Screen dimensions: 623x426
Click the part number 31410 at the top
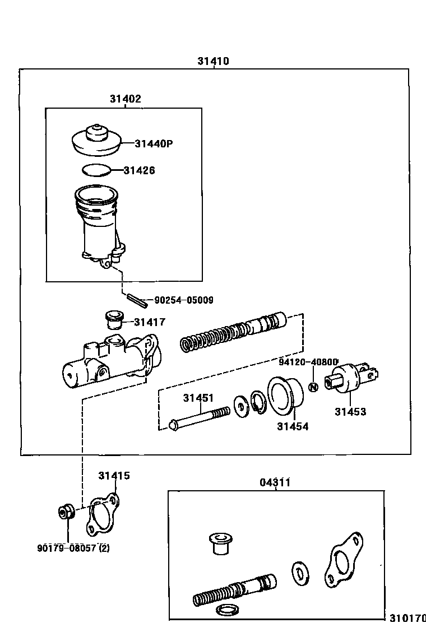[x=212, y=61]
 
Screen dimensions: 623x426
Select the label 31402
[x=125, y=99]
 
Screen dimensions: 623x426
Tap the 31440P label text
[x=153, y=143]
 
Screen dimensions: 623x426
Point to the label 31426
[x=139, y=170]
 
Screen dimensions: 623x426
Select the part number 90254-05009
[x=183, y=300]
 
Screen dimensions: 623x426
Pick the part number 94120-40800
[x=309, y=362]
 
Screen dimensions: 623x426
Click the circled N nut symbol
[x=313, y=387]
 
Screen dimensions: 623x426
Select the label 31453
[x=350, y=412]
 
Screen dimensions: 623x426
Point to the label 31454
[x=293, y=426]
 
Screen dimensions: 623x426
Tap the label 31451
[x=198, y=398]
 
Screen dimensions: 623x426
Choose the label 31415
[x=114, y=476]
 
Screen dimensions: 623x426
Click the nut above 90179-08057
[x=66, y=512]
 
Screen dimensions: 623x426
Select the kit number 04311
[x=275, y=482]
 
